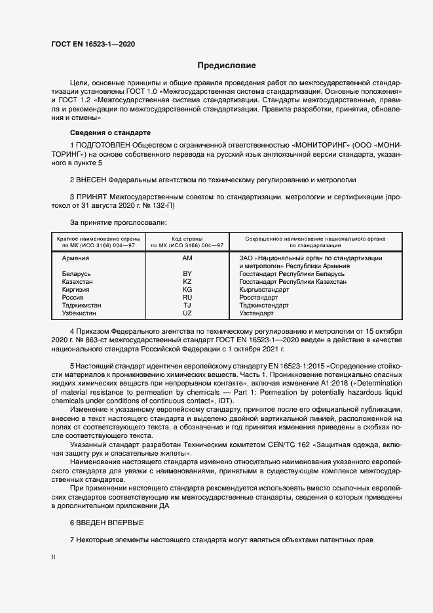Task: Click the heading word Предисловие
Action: tap(227, 66)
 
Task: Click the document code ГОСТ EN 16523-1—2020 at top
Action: tap(93, 44)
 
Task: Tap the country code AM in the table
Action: tap(187, 258)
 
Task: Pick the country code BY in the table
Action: tap(187, 274)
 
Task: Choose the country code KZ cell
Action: tap(187, 282)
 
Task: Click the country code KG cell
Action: tap(187, 290)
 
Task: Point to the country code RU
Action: tap(187, 298)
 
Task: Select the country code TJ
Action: tap(187, 306)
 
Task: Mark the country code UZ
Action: tap(187, 313)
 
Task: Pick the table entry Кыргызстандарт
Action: tap(264, 290)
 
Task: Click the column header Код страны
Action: tap(187, 239)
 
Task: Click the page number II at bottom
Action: tap(53, 557)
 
